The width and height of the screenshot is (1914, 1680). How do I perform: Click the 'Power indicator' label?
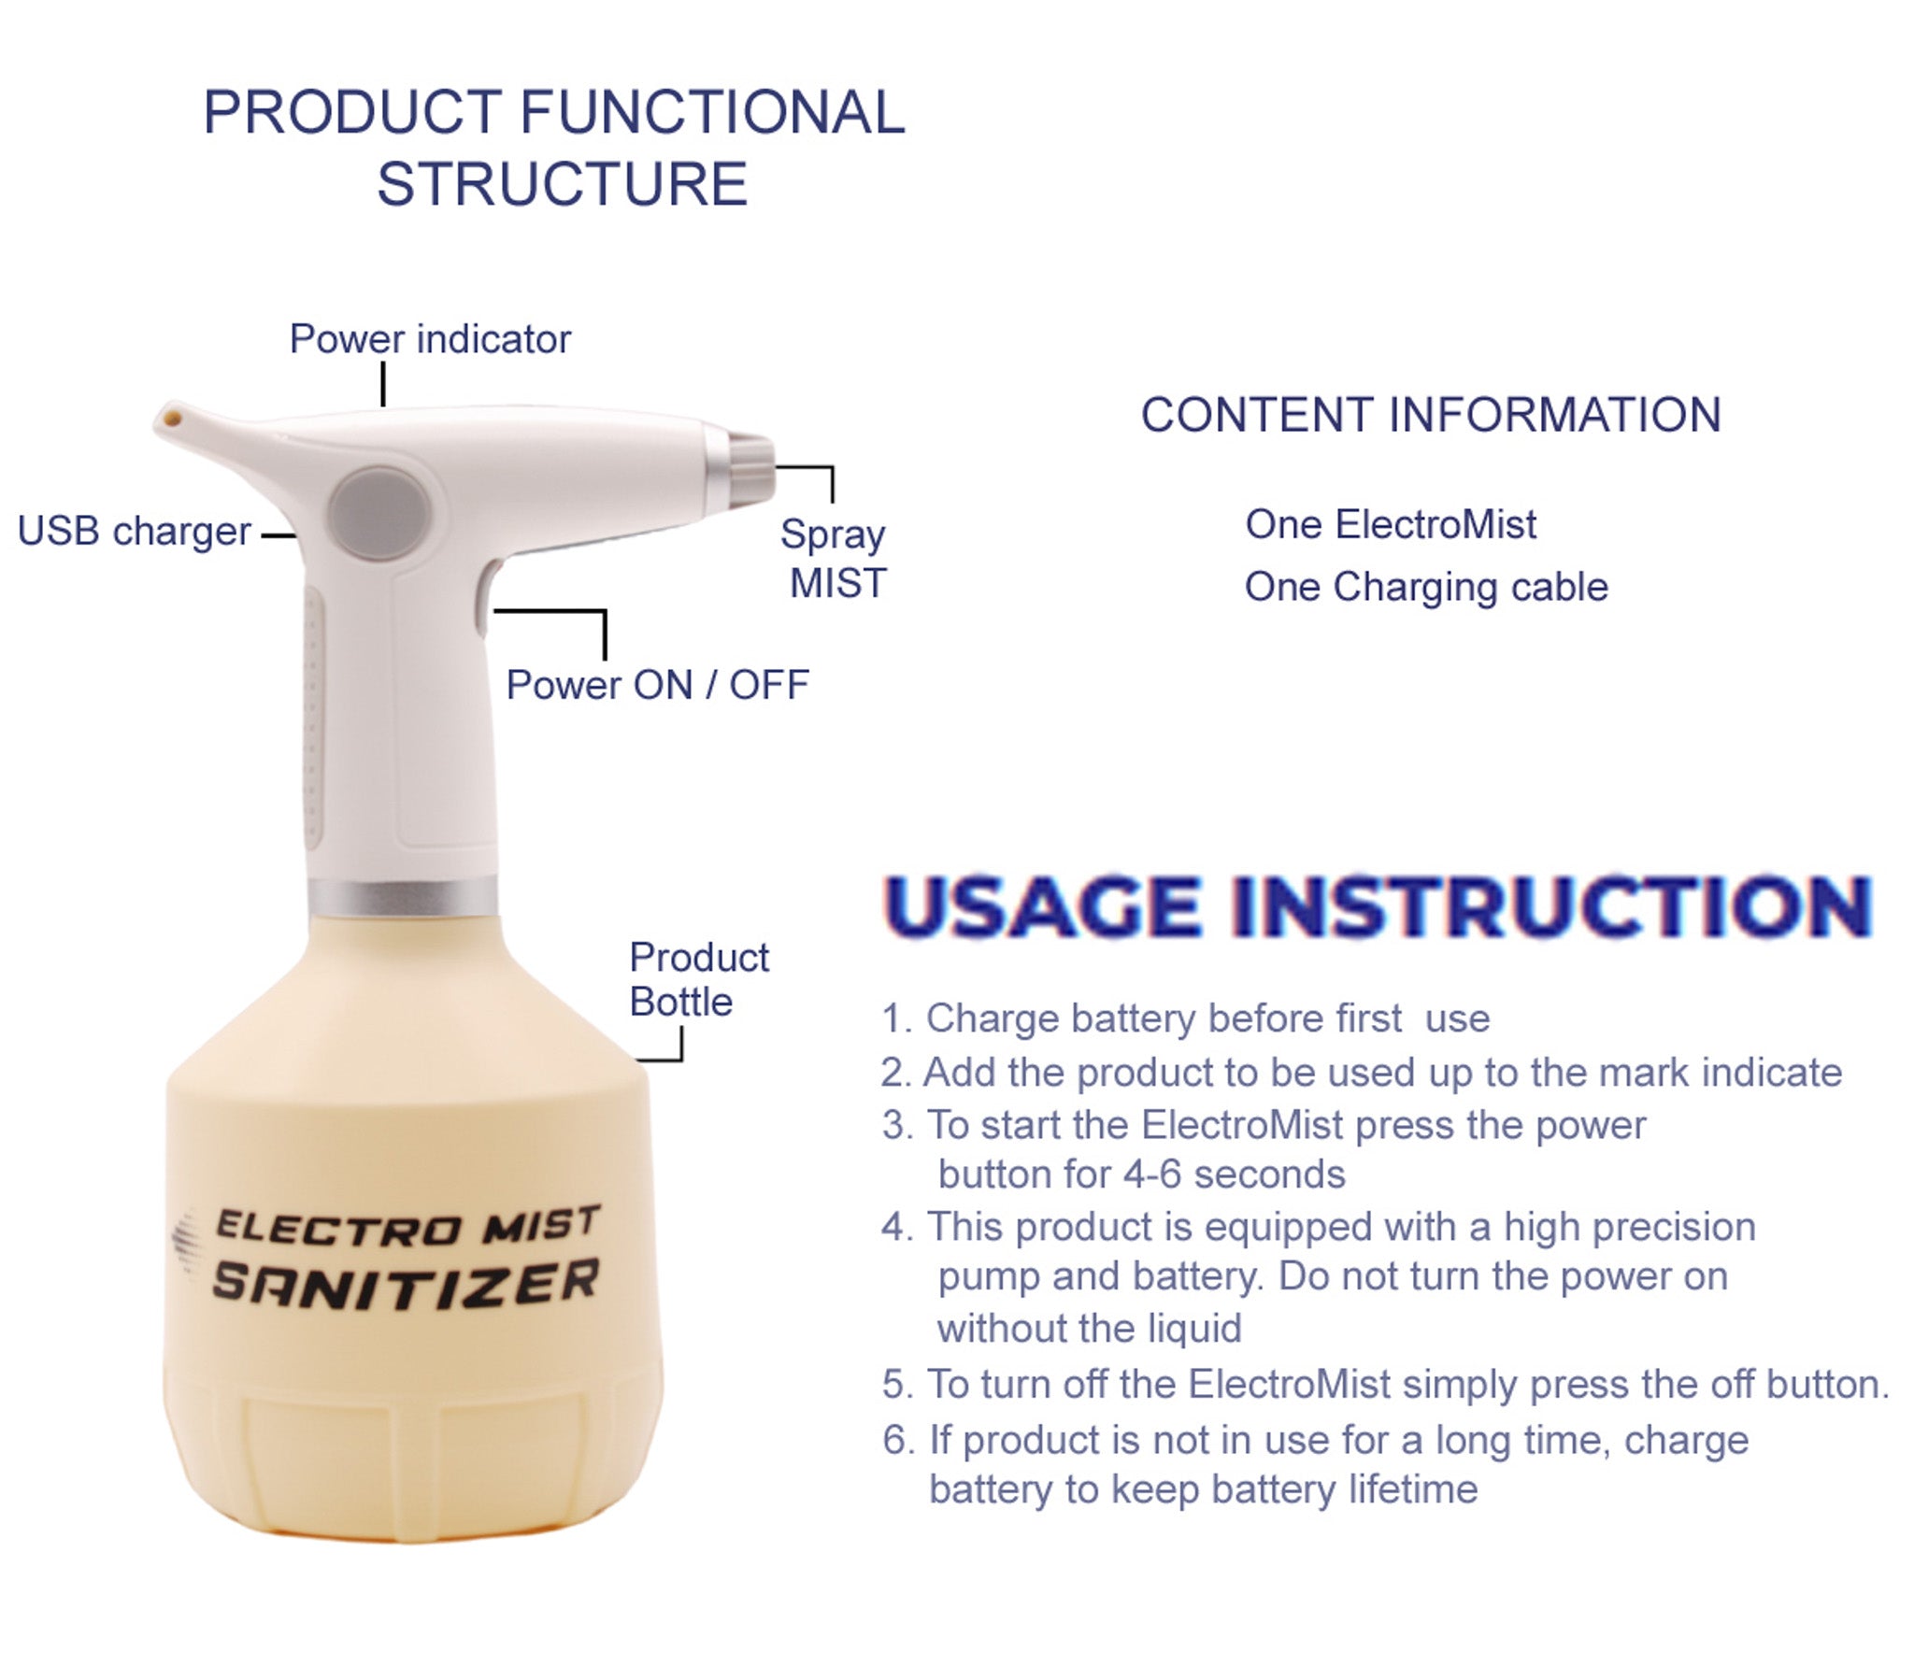pyautogui.click(x=430, y=339)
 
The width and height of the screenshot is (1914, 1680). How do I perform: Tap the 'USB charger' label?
pyautogui.click(x=134, y=531)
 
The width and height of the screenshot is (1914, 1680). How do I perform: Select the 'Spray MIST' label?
pyautogui.click(x=835, y=559)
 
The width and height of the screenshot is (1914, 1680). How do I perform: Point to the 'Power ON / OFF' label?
pyautogui.click(x=657, y=685)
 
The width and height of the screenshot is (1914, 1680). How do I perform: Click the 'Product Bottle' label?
pyautogui.click(x=697, y=979)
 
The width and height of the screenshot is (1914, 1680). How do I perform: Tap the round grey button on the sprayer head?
pyautogui.click(x=379, y=514)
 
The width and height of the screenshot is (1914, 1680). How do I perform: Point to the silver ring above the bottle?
pyautogui.click(x=403, y=897)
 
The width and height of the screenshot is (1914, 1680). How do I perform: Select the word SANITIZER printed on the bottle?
pyautogui.click(x=406, y=1283)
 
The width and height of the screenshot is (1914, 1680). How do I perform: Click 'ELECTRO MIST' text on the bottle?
pyautogui.click(x=407, y=1226)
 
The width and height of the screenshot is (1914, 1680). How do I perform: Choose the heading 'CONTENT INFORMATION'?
pyautogui.click(x=1431, y=415)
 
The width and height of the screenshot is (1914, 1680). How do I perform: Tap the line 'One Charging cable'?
pyautogui.click(x=1425, y=587)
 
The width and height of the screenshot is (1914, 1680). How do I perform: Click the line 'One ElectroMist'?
pyautogui.click(x=1391, y=524)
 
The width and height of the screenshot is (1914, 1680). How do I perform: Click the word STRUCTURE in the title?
pyautogui.click(x=562, y=183)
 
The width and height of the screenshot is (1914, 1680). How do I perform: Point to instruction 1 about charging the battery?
pyautogui.click(x=1185, y=1018)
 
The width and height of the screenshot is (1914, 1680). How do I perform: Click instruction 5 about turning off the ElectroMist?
pyautogui.click(x=1385, y=1384)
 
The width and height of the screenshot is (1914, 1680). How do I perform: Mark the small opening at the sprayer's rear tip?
pyautogui.click(x=171, y=415)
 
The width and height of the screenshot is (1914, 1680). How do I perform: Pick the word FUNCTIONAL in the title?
pyautogui.click(x=711, y=112)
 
